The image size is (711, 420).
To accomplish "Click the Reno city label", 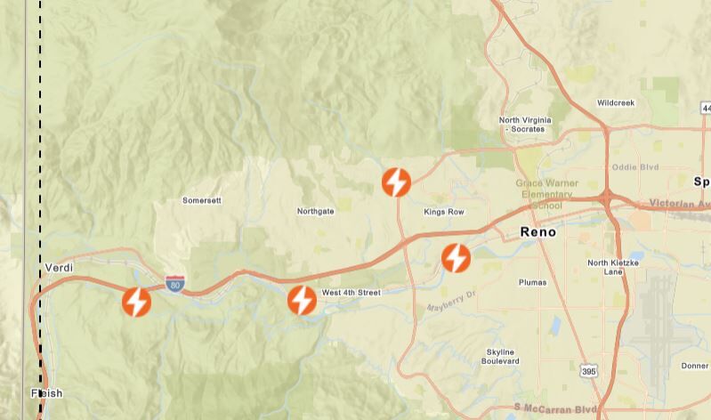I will pos(537,232).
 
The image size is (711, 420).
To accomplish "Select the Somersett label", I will pos(201,200).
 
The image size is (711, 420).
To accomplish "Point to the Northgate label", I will pos(315,211).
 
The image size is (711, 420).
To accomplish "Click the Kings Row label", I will pos(444,212).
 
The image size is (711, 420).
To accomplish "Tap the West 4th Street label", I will pos(351,292).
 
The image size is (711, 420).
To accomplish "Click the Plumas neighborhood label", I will pos(532,282).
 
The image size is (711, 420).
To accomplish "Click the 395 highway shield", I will pos(586,369).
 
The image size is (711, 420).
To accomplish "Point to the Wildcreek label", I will pos(616,103).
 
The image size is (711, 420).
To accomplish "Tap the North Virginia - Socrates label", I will pos(525,125).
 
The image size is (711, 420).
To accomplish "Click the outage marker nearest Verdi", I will pos(136,303).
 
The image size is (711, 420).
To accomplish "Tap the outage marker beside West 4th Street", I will pos(302,301).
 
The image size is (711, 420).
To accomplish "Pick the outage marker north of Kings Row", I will pos(396,182).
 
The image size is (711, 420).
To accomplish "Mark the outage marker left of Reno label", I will pos(456,258).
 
